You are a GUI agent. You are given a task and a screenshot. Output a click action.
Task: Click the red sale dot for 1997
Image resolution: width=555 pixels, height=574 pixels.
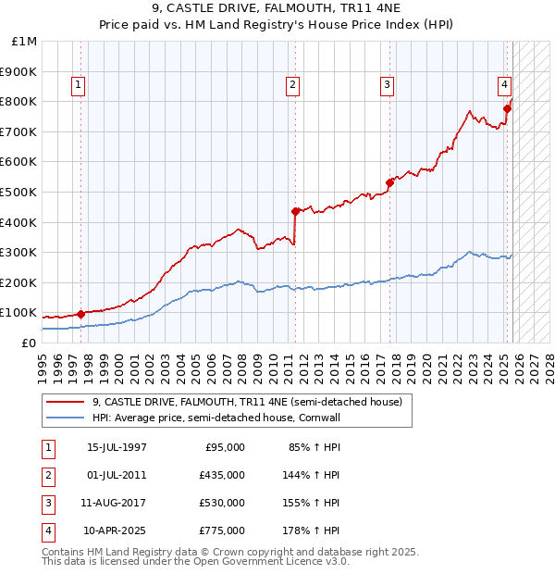81,314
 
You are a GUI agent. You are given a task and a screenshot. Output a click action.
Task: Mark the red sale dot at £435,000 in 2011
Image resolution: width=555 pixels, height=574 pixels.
295,211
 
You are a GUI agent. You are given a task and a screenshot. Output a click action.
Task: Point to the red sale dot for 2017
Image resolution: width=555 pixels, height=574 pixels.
389,182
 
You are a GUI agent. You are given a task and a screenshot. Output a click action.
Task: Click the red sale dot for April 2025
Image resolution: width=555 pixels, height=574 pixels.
507,108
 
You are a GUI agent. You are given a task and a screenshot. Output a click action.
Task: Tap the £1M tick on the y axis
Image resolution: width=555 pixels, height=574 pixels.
25,42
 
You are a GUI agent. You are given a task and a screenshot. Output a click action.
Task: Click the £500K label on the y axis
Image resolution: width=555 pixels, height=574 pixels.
19,192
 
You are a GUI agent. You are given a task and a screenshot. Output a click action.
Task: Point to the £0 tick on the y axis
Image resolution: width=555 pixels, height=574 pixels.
29,343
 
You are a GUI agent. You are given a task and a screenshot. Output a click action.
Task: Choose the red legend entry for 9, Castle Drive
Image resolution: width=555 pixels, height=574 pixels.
247,403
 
